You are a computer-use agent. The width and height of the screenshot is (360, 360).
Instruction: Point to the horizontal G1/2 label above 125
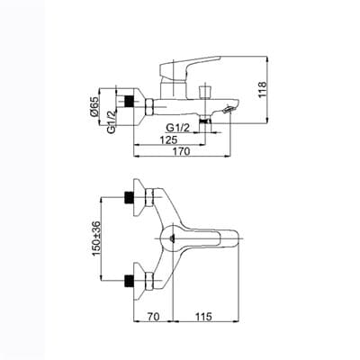click(x=176, y=128)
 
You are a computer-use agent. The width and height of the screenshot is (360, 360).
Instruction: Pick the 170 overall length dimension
click(x=184, y=154)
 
